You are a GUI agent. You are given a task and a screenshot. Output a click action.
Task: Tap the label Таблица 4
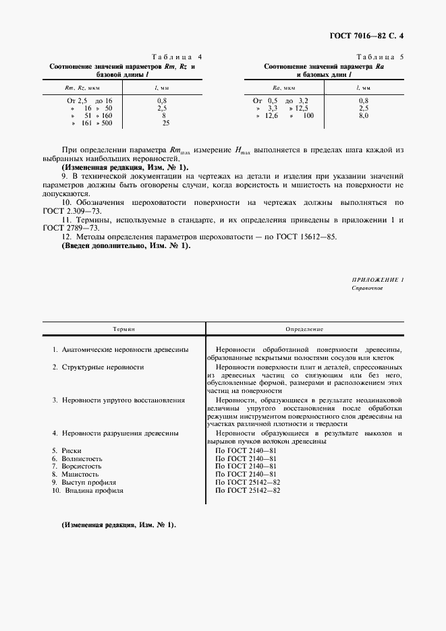pos(172,58)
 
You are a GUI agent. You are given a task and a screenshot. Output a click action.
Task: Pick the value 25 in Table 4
pos(166,123)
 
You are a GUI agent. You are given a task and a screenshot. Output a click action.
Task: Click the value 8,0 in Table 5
pos(363,116)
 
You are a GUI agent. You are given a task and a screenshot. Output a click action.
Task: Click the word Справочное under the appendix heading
pos(367,288)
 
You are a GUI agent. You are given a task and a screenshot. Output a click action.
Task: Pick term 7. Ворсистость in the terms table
pos(77,466)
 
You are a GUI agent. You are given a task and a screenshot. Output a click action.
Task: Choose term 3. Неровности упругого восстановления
pos(119,400)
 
